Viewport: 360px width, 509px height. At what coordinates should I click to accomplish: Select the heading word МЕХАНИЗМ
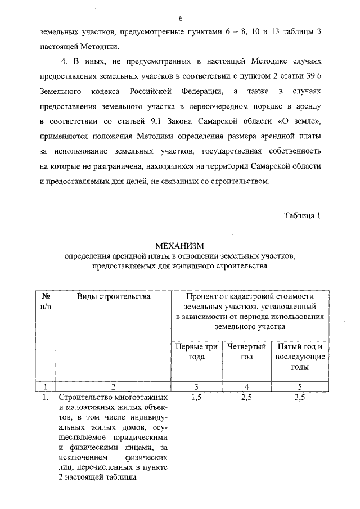tap(179, 246)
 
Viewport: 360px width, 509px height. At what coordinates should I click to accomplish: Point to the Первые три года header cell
tap(196, 352)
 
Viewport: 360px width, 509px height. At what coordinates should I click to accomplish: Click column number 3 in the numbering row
tap(197, 386)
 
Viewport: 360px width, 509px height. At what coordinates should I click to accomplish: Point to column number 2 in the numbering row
tap(113, 386)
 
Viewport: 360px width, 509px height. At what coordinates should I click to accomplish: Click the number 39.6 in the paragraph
tap(311, 75)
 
